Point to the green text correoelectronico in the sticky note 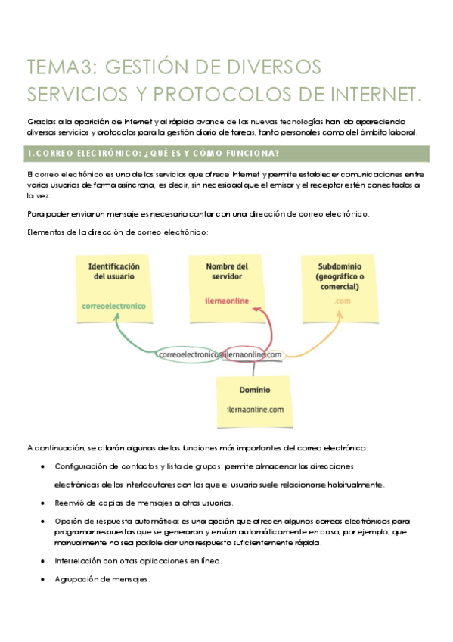(114, 306)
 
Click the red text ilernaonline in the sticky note (227, 300)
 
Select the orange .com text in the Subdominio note (342, 301)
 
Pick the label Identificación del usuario (114, 272)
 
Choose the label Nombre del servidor (227, 272)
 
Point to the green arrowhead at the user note (123, 322)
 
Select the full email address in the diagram (220, 354)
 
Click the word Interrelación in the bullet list (79, 561)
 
